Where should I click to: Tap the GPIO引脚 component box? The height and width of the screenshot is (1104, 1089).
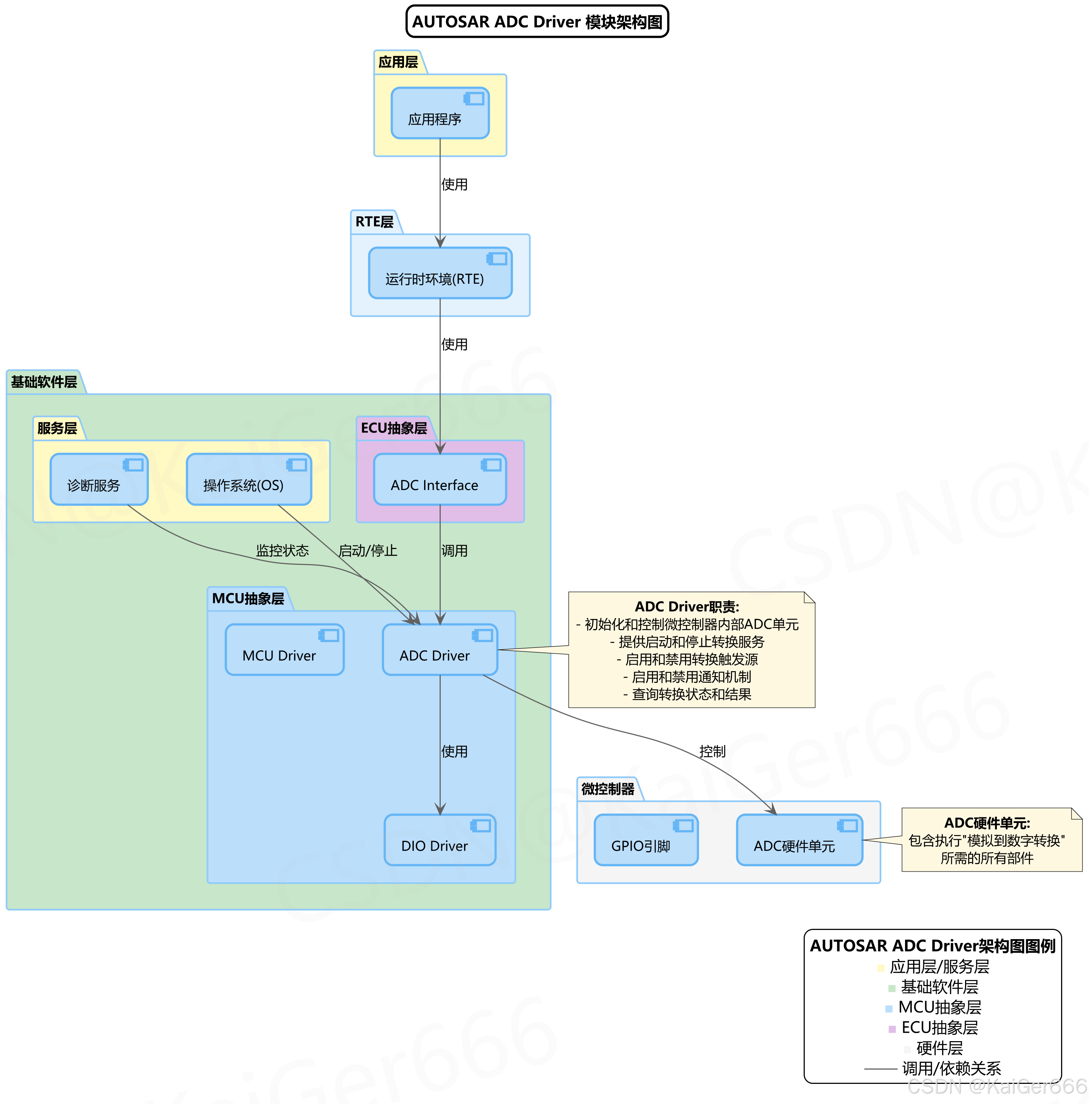(x=645, y=840)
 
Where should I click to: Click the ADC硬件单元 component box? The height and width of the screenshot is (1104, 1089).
(x=799, y=840)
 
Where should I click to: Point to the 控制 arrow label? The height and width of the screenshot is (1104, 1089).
(x=712, y=751)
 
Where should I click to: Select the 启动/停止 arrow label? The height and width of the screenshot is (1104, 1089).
(x=368, y=551)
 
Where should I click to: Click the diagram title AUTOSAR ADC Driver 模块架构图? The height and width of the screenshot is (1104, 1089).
(x=537, y=22)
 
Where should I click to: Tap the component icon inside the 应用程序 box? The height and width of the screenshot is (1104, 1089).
(x=474, y=99)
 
